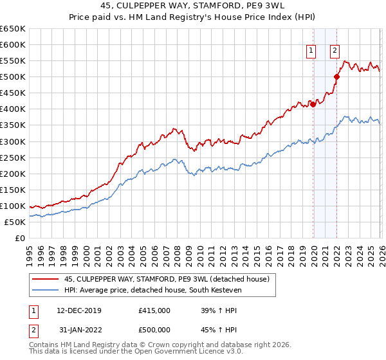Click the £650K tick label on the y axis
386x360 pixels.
tap(13, 29)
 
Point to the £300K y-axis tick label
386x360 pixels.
tap(13, 141)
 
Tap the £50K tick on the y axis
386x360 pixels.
tap(15, 222)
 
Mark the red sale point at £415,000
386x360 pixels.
tap(313, 104)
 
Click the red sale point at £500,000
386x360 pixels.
tap(336, 76)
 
